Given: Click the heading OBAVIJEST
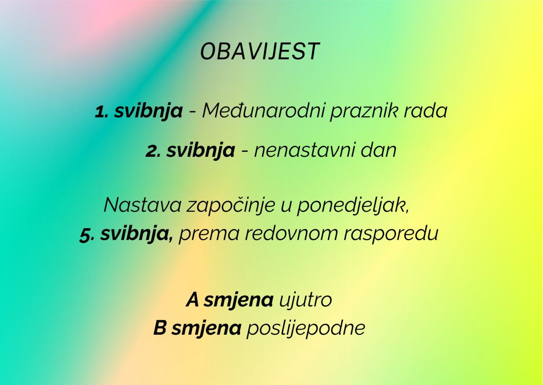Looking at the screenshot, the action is [260, 51].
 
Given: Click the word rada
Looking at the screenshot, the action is [425, 111].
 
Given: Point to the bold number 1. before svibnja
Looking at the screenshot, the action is [102, 112].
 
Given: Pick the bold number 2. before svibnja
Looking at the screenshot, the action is [153, 151].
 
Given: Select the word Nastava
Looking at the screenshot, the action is [142, 205].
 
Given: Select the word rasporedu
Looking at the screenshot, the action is [391, 234].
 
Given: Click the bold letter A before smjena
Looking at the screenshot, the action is [193, 299].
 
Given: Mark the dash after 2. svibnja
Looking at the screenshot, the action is [245, 152].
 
